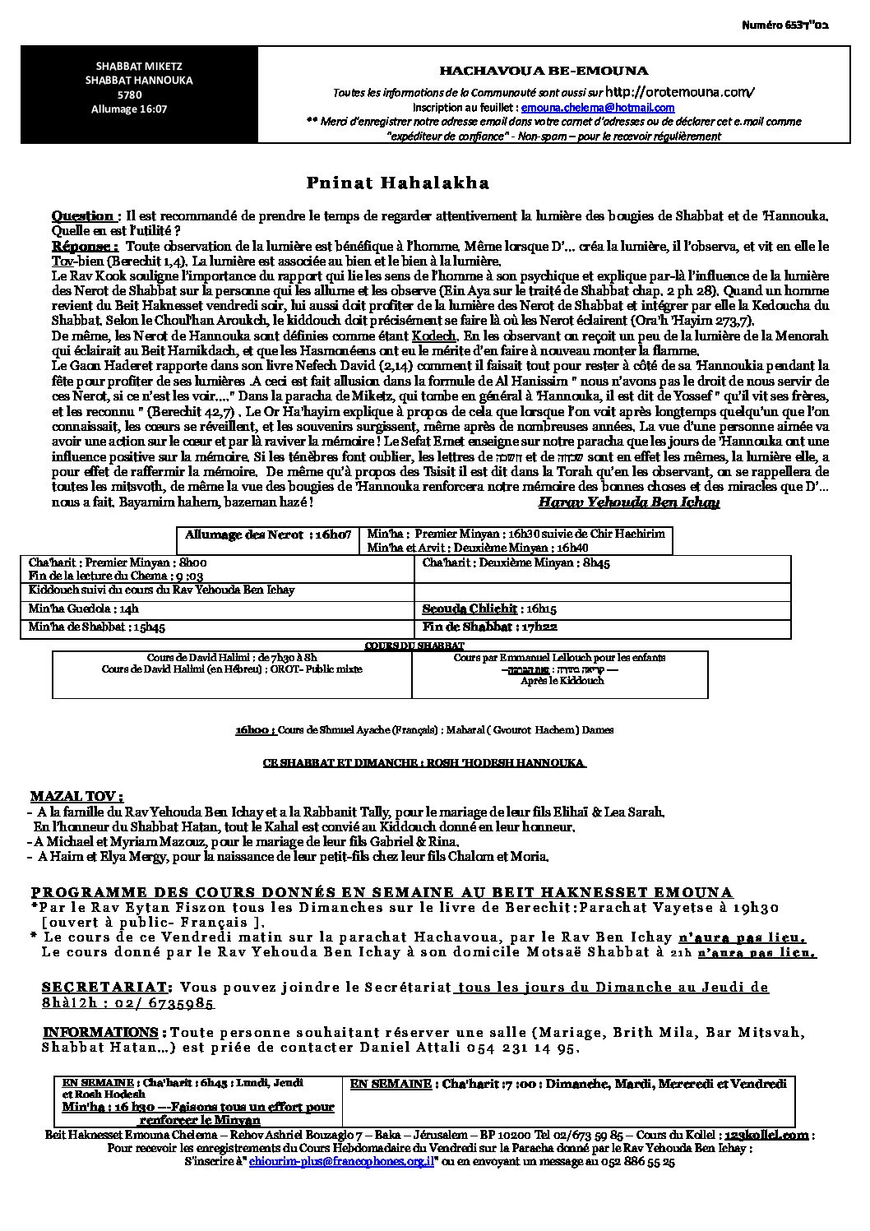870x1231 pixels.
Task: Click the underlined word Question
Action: point(82,215)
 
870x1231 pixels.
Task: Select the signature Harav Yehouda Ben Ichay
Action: point(628,502)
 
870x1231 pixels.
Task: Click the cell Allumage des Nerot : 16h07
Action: point(268,535)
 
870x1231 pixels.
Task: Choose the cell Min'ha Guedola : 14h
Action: point(85,609)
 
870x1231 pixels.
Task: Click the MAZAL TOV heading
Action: point(76,796)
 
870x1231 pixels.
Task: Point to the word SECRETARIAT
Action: point(107,986)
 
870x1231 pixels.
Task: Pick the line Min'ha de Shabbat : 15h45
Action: point(96,627)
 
